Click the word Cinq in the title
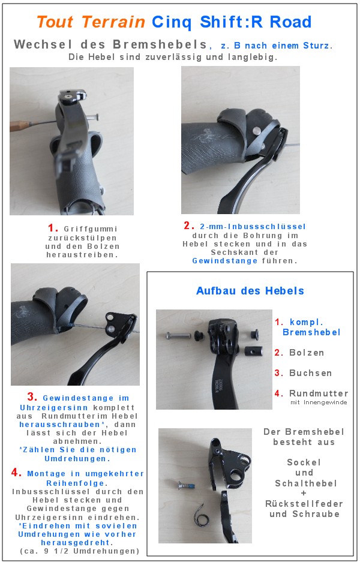(x=173, y=23)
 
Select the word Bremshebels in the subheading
(x=160, y=44)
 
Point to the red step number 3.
(x=32, y=397)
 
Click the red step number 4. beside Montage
(x=16, y=473)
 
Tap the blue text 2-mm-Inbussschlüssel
(x=253, y=227)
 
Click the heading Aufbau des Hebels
(x=250, y=291)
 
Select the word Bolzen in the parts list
(x=307, y=353)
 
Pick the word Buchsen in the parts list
(x=311, y=373)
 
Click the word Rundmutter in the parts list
(x=319, y=393)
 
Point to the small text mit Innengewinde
(x=319, y=402)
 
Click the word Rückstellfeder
(x=304, y=504)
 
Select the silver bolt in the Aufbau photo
(x=178, y=335)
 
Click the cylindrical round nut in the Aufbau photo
(x=254, y=351)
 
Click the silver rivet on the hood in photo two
(x=257, y=131)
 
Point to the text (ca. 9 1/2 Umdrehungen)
(x=80, y=551)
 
